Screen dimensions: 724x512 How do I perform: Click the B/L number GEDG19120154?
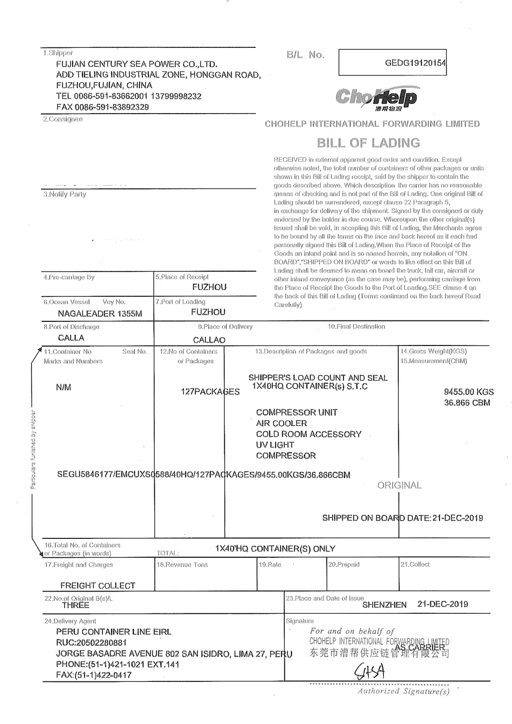pos(415,63)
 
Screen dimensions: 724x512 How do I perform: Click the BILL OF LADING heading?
pos(368,143)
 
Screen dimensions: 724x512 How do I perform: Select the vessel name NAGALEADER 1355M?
pos(100,314)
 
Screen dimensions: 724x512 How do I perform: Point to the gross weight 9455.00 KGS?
pos(468,392)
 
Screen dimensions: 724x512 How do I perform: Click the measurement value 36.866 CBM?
pos(467,403)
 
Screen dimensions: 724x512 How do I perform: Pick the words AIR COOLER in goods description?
pos(281,423)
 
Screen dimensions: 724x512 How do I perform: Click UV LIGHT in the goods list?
pos(275,445)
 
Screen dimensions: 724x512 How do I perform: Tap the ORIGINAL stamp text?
pos(399,485)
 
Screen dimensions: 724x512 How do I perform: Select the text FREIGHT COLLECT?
pos(98,585)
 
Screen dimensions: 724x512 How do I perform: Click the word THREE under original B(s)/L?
pos(75,605)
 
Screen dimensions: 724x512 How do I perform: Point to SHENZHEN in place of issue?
pos(384,605)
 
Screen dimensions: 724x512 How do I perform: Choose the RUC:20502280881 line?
pos(91,642)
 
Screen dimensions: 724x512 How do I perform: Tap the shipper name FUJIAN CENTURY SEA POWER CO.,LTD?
pos(137,64)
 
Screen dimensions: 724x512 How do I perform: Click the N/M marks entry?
pos(63,387)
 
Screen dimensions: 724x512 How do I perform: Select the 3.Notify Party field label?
pos(65,194)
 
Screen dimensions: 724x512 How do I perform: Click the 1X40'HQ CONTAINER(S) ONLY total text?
pos(275,549)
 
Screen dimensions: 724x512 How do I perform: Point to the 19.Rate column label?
pos(270,565)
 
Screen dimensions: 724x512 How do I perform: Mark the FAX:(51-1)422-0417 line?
pos(94,675)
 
